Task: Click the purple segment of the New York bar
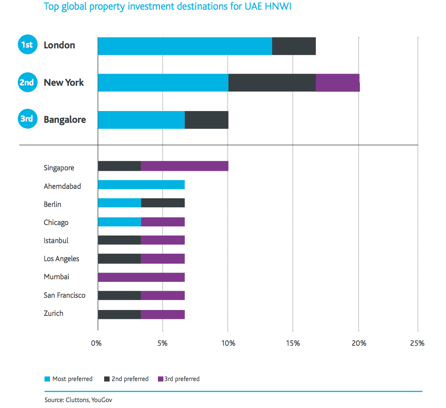click(x=338, y=83)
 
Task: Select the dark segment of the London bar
click(x=294, y=46)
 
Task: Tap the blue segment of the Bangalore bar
click(x=141, y=120)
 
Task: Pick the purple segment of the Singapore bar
click(x=184, y=166)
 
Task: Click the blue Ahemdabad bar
click(x=141, y=185)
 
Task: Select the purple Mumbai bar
click(x=141, y=277)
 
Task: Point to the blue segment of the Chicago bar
click(x=119, y=222)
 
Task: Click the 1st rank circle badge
click(x=27, y=45)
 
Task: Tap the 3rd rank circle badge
click(x=27, y=119)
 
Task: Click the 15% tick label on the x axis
click(x=293, y=343)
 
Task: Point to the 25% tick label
click(x=417, y=343)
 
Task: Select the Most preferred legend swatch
click(x=47, y=379)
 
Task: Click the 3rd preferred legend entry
click(x=178, y=379)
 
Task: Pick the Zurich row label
click(x=53, y=313)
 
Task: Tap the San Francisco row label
click(x=64, y=295)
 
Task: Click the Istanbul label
click(x=56, y=241)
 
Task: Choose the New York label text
click(x=63, y=82)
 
